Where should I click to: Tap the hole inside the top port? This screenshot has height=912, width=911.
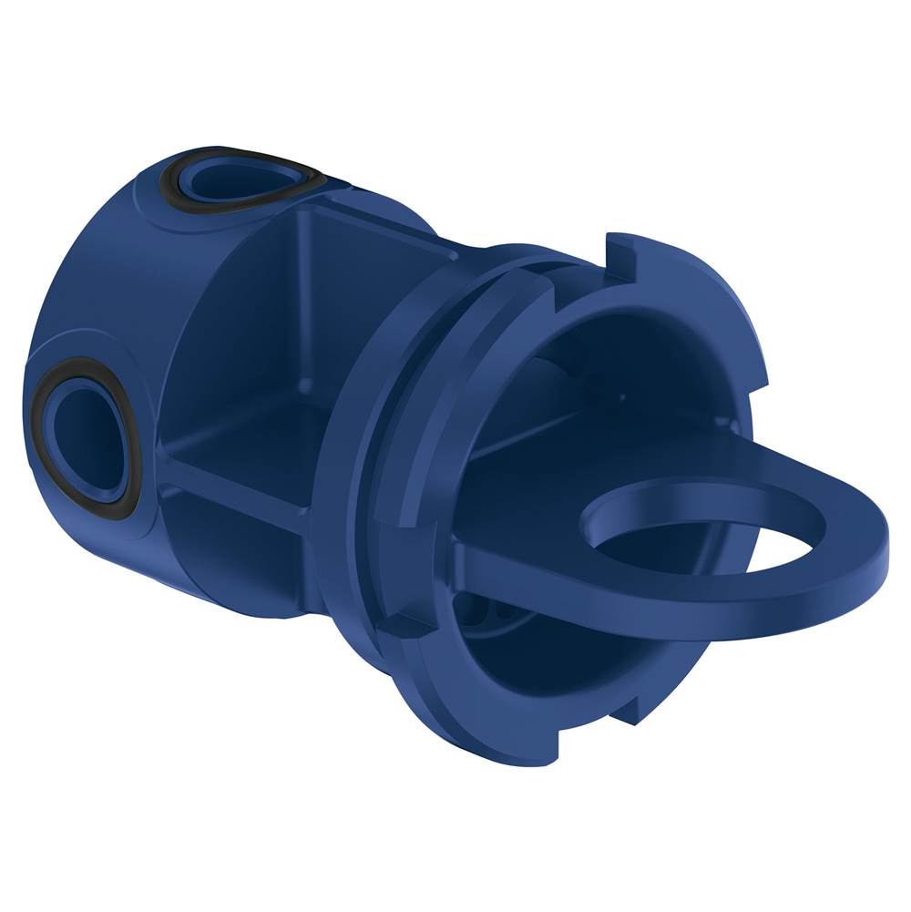(223, 179)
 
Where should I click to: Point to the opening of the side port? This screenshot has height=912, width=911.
(87, 433)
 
